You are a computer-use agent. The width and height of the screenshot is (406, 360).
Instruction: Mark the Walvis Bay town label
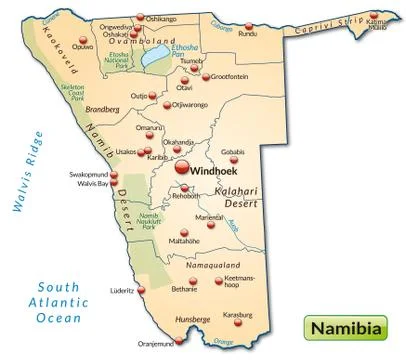pos(93,184)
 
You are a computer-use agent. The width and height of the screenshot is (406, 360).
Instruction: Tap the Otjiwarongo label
pos(195,105)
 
